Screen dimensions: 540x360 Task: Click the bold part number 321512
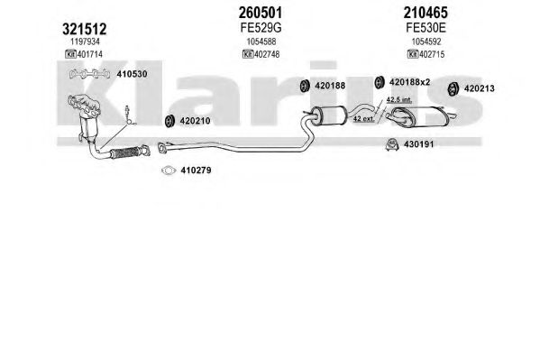pyautogui.click(x=85, y=29)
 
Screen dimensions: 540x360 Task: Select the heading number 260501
pyautogui.click(x=261, y=13)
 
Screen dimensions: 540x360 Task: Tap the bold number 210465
pyautogui.click(x=426, y=13)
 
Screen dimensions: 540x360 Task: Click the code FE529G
pyautogui.click(x=261, y=28)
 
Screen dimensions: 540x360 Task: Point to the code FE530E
pyautogui.click(x=426, y=28)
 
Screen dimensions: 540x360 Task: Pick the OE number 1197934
pyautogui.click(x=85, y=42)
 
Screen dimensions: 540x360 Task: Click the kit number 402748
pyautogui.click(x=267, y=54)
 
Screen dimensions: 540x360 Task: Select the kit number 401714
pyautogui.click(x=90, y=54)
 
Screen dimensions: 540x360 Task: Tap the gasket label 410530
pyautogui.click(x=132, y=74)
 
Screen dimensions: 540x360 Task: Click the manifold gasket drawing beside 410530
pyautogui.click(x=89, y=74)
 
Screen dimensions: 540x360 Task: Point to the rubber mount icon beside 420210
pyautogui.click(x=169, y=120)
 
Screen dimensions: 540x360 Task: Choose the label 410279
pyautogui.click(x=196, y=170)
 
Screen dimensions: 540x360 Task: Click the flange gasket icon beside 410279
pyautogui.click(x=169, y=171)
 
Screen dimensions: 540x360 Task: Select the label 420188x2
pyautogui.click(x=410, y=82)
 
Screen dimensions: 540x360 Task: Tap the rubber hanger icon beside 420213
pyautogui.click(x=453, y=88)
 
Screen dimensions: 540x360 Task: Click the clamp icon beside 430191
pyautogui.click(x=392, y=144)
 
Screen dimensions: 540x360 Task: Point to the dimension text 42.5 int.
pyautogui.click(x=399, y=99)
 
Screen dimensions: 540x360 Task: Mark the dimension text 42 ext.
pyautogui.click(x=363, y=118)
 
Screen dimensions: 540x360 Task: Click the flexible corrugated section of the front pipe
pyautogui.click(x=125, y=152)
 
